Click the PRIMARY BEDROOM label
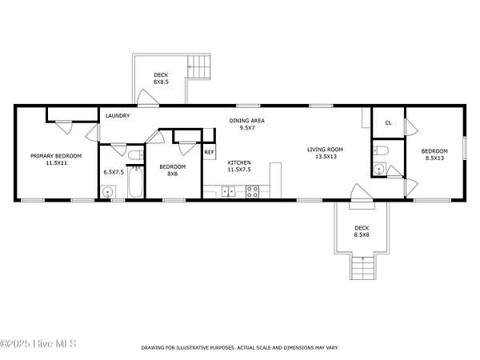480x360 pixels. (56, 156)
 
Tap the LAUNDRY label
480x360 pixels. (118, 116)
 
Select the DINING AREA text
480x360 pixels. (246, 121)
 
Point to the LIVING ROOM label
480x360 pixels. (325, 150)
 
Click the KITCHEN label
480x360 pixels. (239, 162)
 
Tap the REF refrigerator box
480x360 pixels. (210, 152)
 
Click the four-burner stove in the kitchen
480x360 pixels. (253, 192)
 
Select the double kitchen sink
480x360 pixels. (228, 192)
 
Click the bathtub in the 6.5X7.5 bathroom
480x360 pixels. (135, 182)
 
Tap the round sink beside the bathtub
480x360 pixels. (108, 193)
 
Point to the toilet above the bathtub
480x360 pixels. (136, 155)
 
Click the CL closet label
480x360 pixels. (389, 123)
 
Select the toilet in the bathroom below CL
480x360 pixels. (381, 150)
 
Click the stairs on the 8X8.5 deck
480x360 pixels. (199, 66)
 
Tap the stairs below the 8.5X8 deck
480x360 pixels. (363, 267)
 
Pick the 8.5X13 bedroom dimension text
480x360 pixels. (434, 158)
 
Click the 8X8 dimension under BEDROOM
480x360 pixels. (172, 174)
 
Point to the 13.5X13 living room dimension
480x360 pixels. (326, 157)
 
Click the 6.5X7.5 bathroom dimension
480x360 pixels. (114, 172)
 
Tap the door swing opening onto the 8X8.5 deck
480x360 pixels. (147, 98)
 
